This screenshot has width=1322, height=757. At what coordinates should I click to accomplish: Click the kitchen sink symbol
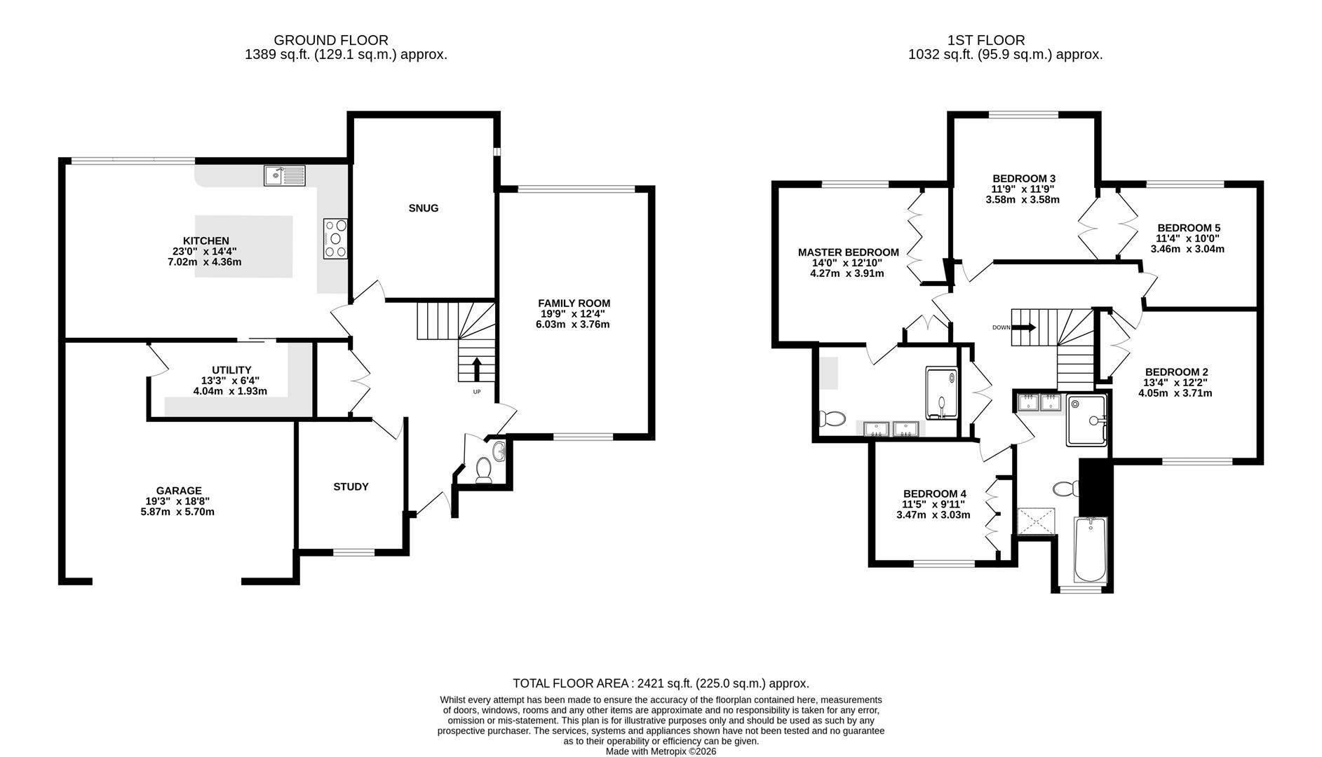(285, 176)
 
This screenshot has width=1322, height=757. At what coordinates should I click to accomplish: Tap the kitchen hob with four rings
(335, 238)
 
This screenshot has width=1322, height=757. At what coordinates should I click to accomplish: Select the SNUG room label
(424, 208)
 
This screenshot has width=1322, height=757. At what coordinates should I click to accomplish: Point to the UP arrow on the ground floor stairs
(477, 369)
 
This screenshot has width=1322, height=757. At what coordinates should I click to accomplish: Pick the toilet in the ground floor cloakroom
(483, 470)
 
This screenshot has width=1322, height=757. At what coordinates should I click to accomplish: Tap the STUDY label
(351, 486)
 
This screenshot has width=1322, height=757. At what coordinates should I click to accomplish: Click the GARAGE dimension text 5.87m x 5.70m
(177, 512)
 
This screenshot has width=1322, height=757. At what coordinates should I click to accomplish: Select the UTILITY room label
(231, 370)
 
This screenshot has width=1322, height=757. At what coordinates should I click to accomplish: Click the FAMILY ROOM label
(574, 304)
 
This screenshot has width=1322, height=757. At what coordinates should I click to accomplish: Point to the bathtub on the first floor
(1090, 550)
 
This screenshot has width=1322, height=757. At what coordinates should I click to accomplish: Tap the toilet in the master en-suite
(832, 419)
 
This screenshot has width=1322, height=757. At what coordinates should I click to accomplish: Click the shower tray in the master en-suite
(942, 393)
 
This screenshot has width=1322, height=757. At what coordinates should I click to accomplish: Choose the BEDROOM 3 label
(1024, 178)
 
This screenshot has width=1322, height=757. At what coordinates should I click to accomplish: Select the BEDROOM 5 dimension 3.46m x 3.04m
(1187, 249)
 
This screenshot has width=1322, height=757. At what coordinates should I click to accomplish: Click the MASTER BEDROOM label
(848, 252)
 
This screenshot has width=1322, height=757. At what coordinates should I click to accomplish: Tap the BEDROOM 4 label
(934, 493)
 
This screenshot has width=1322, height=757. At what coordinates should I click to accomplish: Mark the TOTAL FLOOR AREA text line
(661, 683)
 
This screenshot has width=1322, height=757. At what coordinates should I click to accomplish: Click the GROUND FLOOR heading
(331, 41)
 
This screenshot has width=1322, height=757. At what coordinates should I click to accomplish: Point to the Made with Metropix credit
(661, 751)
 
